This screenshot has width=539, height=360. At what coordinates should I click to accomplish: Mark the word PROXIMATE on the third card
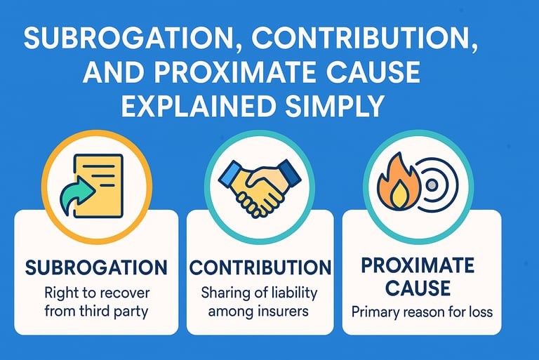tap(419, 266)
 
